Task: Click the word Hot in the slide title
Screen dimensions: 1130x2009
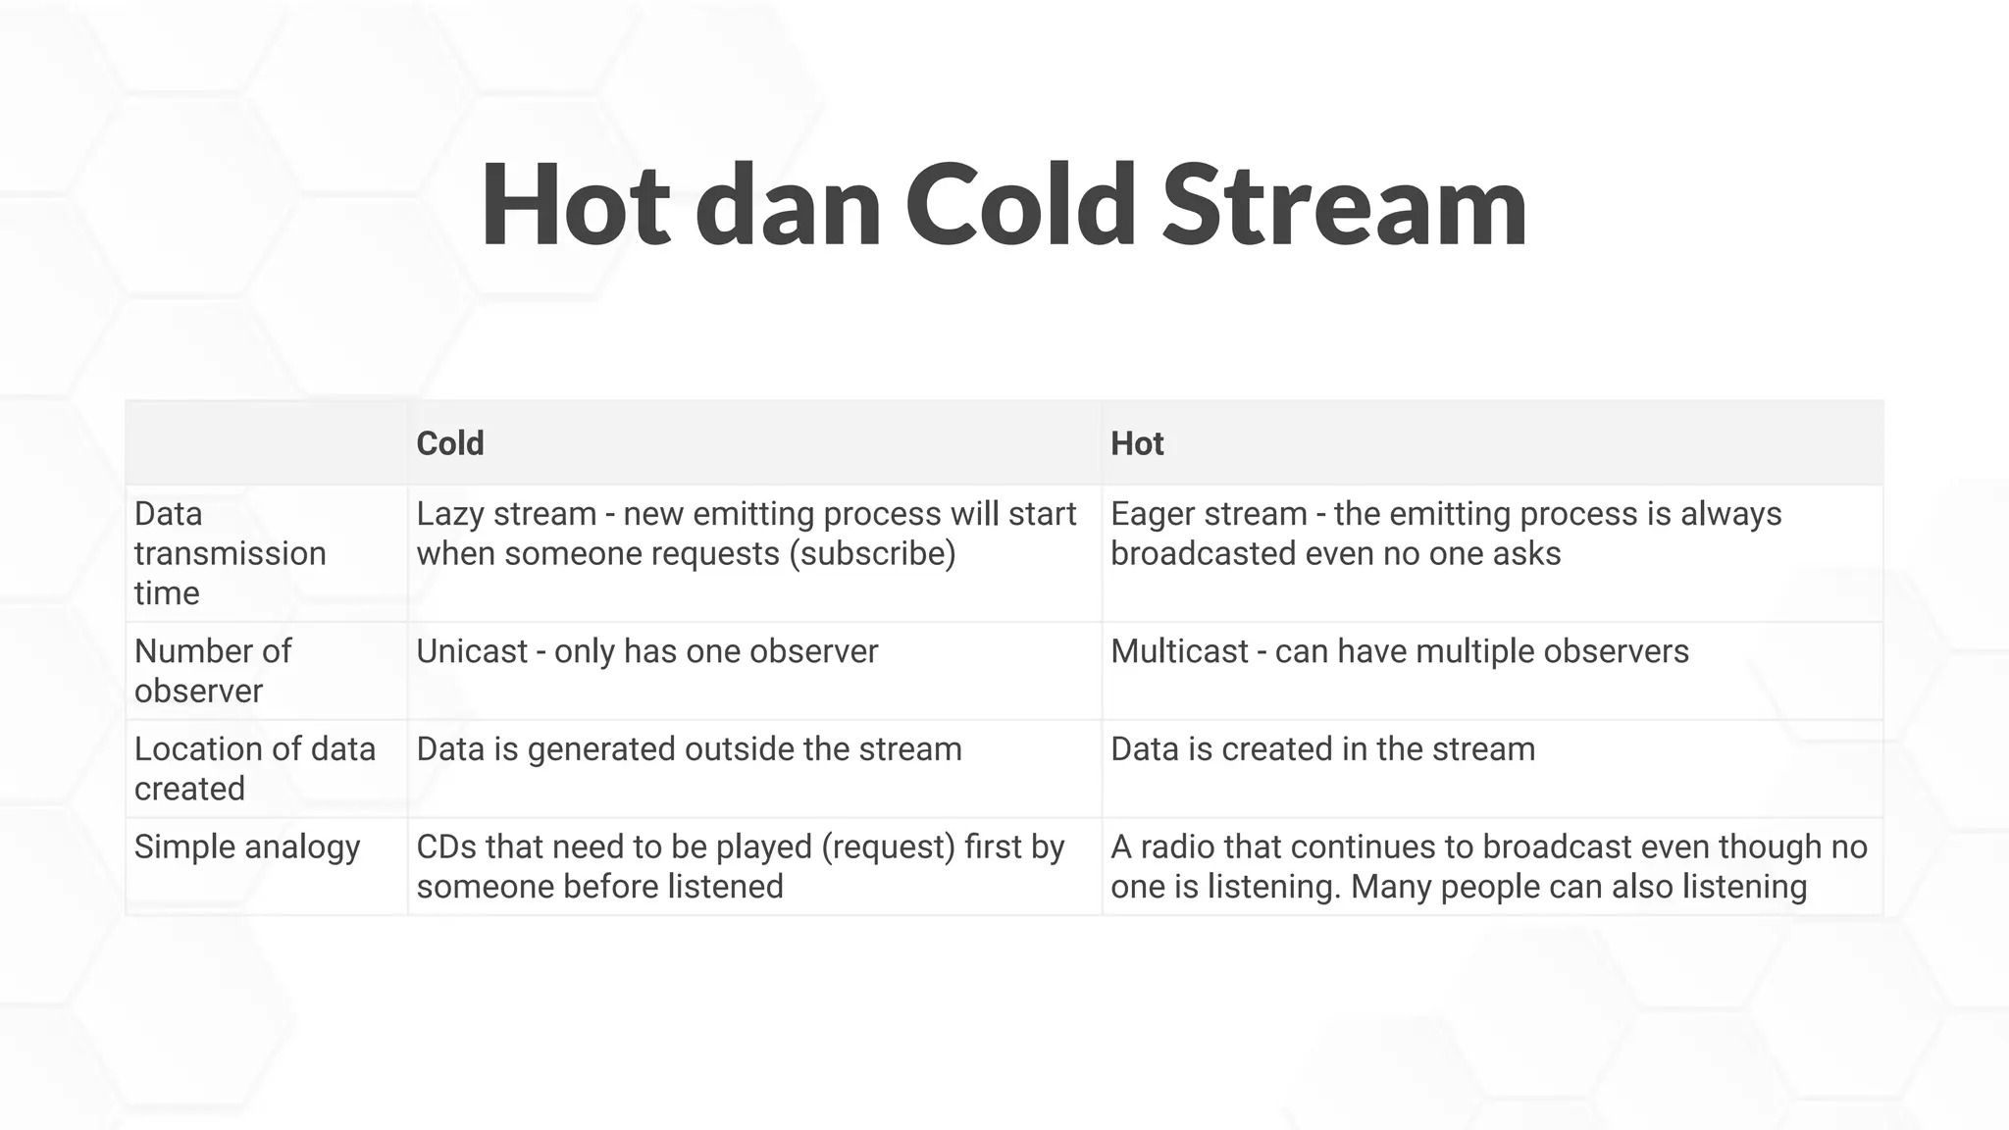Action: pyautogui.click(x=575, y=206)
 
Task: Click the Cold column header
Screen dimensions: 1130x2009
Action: pyautogui.click(x=450, y=443)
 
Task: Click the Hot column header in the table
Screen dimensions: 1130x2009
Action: pyautogui.click(x=1137, y=443)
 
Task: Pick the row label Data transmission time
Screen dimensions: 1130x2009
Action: pyautogui.click(x=230, y=553)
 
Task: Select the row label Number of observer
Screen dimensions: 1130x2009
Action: pyautogui.click(x=213, y=671)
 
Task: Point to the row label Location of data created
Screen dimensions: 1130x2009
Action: pyautogui.click(x=254, y=768)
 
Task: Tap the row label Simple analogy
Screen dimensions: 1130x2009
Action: pyautogui.click(x=247, y=847)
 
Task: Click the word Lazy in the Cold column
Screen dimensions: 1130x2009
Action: pyautogui.click(x=454, y=514)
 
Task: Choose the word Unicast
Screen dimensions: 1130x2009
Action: pyautogui.click(x=472, y=651)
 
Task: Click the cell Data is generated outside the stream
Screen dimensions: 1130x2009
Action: pyautogui.click(x=689, y=749)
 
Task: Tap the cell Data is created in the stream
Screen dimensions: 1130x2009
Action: pyautogui.click(x=1322, y=749)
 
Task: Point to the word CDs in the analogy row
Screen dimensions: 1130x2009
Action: pyautogui.click(x=445, y=847)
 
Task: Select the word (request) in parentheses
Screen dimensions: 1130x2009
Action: pyautogui.click(x=888, y=847)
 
